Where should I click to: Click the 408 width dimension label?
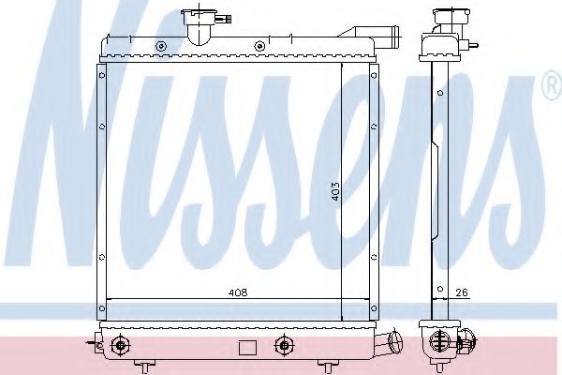click(x=238, y=293)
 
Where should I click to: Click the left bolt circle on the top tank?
click(x=161, y=46)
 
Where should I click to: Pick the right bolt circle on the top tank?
click(x=257, y=46)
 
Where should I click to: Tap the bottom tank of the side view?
click(x=439, y=342)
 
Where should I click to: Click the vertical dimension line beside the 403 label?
click(x=341, y=187)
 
